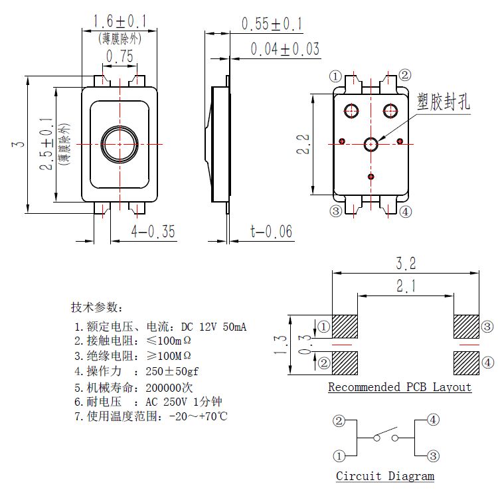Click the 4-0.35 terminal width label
click(x=153, y=232)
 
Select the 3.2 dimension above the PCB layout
click(x=406, y=264)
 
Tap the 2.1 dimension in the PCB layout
click(x=406, y=286)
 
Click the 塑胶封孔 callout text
click(x=443, y=102)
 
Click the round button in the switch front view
click(x=120, y=143)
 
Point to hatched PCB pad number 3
click(x=466, y=326)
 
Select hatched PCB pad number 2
click(x=345, y=363)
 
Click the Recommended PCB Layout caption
click(x=400, y=387)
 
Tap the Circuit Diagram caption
click(x=385, y=476)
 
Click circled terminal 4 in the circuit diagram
click(x=433, y=420)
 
